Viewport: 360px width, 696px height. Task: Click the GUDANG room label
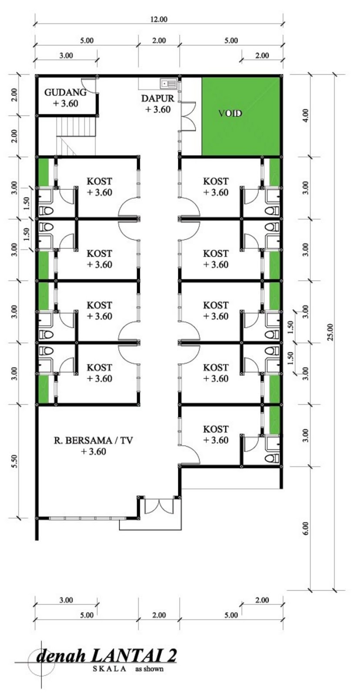coord(65,92)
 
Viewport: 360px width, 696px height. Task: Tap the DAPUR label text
coord(157,98)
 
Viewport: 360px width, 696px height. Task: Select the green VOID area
coord(240,116)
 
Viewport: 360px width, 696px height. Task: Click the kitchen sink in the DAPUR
coord(168,83)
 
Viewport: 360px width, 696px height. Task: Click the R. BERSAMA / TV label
coord(93,440)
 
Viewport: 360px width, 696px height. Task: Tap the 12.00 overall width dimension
coord(159,19)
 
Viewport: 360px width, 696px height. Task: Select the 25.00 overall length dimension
coord(330,332)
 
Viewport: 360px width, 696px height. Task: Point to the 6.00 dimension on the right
coord(305,528)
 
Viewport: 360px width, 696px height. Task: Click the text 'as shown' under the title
coord(149,669)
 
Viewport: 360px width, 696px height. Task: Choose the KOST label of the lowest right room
coord(215,429)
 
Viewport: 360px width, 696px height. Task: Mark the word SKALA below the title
coord(109,669)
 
